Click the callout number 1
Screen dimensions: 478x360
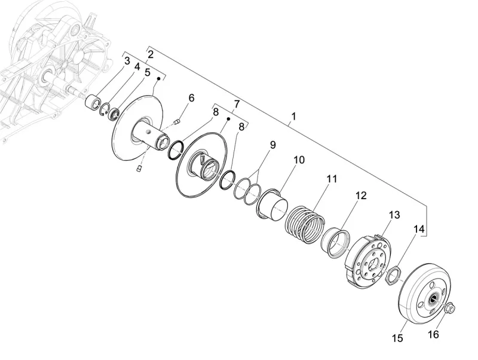tap(293, 116)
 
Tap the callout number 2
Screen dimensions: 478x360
tap(151, 54)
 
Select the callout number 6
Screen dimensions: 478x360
tap(191, 98)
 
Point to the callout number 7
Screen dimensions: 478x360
tap(237, 104)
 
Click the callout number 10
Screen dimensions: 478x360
tap(299, 160)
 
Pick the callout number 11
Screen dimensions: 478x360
tap(332, 178)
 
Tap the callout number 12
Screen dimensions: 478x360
tap(361, 196)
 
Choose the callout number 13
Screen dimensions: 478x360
tap(394, 215)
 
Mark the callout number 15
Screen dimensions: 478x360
tap(397, 338)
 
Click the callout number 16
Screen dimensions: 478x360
tap(433, 334)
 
